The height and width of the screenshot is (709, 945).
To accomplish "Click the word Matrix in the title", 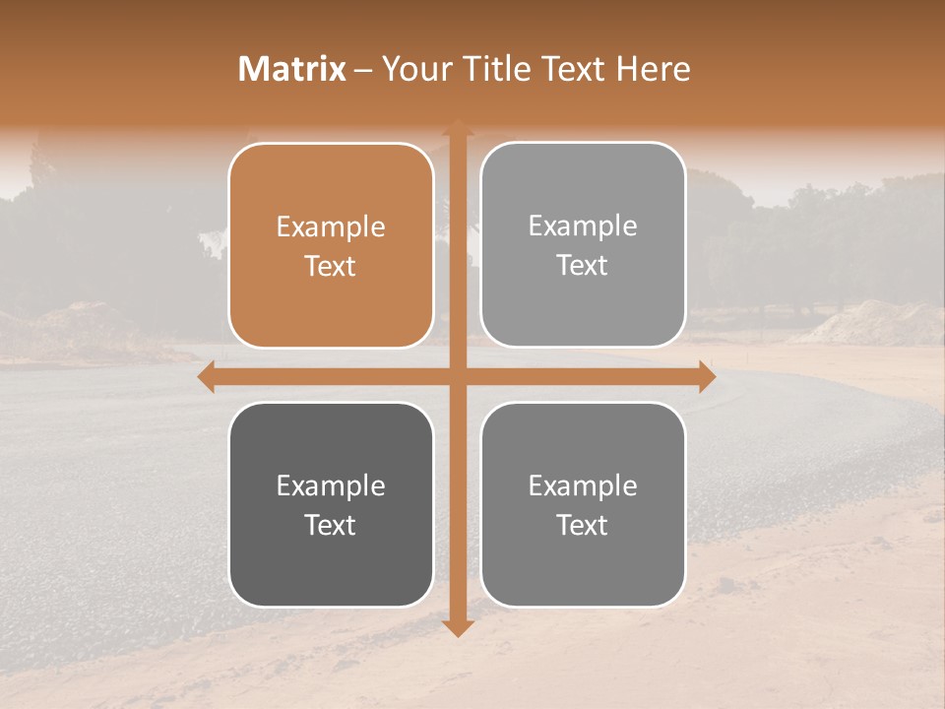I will (x=292, y=69).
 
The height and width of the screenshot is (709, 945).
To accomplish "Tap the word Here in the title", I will (x=654, y=69).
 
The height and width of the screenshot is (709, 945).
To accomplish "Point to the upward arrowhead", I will (x=458, y=129).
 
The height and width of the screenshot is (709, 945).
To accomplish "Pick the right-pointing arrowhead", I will (x=706, y=377).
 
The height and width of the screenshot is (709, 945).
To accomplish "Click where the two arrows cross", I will (x=458, y=377).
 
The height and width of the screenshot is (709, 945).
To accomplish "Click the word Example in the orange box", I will (x=331, y=227).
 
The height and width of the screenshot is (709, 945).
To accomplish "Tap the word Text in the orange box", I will (x=331, y=266).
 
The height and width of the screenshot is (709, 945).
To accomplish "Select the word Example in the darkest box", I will (x=331, y=485).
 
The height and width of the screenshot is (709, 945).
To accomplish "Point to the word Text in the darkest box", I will (x=331, y=525).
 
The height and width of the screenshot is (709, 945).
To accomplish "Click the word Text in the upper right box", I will (x=583, y=265).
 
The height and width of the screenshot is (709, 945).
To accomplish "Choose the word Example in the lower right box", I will (x=583, y=485).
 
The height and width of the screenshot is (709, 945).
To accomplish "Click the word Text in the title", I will (x=573, y=69).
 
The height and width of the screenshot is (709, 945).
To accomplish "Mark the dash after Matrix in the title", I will (x=363, y=70).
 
